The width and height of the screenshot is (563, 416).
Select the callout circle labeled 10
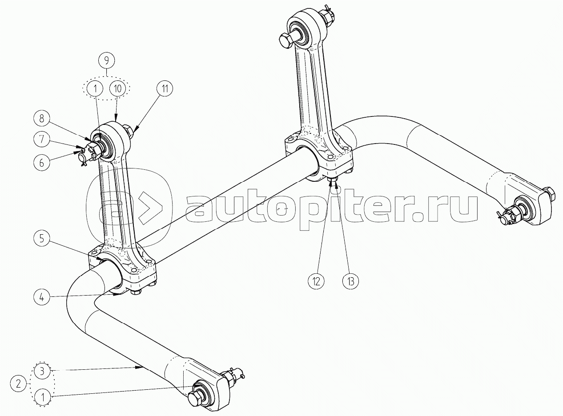[x=117, y=88]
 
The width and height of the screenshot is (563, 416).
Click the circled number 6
[x=41, y=163]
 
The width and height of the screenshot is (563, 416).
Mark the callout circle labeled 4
[x=41, y=297]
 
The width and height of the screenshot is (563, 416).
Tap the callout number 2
[x=18, y=383]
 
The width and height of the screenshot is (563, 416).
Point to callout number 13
[x=350, y=280]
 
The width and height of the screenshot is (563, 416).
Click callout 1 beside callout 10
[x=95, y=88]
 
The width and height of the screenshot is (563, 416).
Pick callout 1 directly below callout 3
[x=41, y=396]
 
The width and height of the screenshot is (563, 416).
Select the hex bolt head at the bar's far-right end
[x=550, y=193]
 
